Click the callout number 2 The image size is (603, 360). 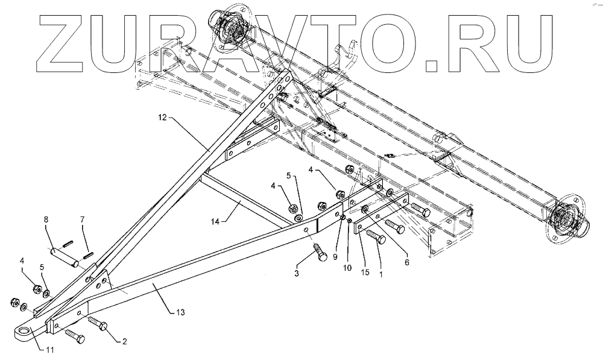[125, 342]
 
